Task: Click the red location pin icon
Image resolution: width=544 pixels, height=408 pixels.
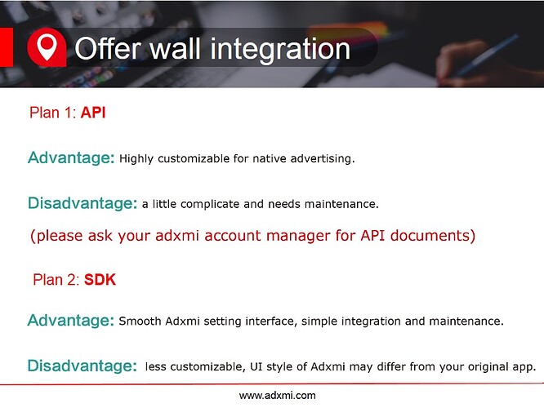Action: click(47, 47)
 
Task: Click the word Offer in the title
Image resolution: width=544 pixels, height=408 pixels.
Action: click(108, 48)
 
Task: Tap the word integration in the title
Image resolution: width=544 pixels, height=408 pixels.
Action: click(280, 51)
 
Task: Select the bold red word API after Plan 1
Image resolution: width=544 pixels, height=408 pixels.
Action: click(93, 113)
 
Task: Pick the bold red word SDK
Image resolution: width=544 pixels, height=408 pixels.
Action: click(100, 280)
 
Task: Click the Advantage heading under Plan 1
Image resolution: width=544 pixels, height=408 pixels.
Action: click(71, 158)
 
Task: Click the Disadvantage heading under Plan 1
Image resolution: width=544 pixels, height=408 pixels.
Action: click(82, 203)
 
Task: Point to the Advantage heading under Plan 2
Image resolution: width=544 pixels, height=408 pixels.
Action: click(71, 321)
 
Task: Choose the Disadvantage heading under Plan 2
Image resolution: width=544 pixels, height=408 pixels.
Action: click(82, 366)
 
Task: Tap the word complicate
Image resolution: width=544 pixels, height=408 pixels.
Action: click(210, 204)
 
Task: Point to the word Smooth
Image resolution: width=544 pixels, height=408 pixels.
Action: click(140, 321)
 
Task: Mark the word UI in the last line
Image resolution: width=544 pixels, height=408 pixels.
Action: click(256, 366)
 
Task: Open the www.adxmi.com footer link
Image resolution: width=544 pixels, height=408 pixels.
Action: click(277, 396)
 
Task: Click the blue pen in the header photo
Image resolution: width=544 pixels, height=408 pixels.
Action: click(486, 55)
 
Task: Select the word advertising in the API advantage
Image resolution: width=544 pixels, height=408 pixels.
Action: click(323, 159)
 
